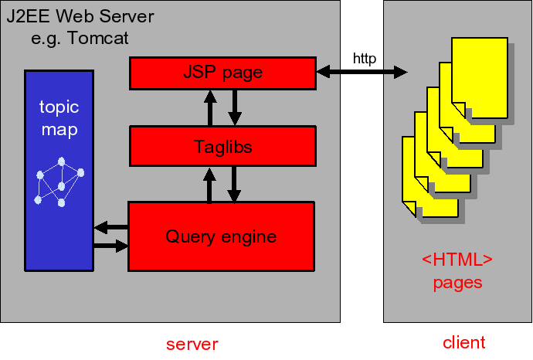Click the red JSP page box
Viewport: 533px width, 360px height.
222,73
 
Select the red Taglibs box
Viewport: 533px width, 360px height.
222,146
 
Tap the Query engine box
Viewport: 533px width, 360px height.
221,236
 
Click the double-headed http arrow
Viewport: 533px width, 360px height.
362,72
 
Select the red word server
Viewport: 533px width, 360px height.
192,344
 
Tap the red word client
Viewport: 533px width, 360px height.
463,342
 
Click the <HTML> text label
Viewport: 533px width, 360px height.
457,260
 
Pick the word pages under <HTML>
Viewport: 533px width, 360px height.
457,283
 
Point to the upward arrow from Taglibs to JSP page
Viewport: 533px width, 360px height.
209,107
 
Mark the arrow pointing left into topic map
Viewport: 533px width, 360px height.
110,227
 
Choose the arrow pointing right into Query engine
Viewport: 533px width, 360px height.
110,246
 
